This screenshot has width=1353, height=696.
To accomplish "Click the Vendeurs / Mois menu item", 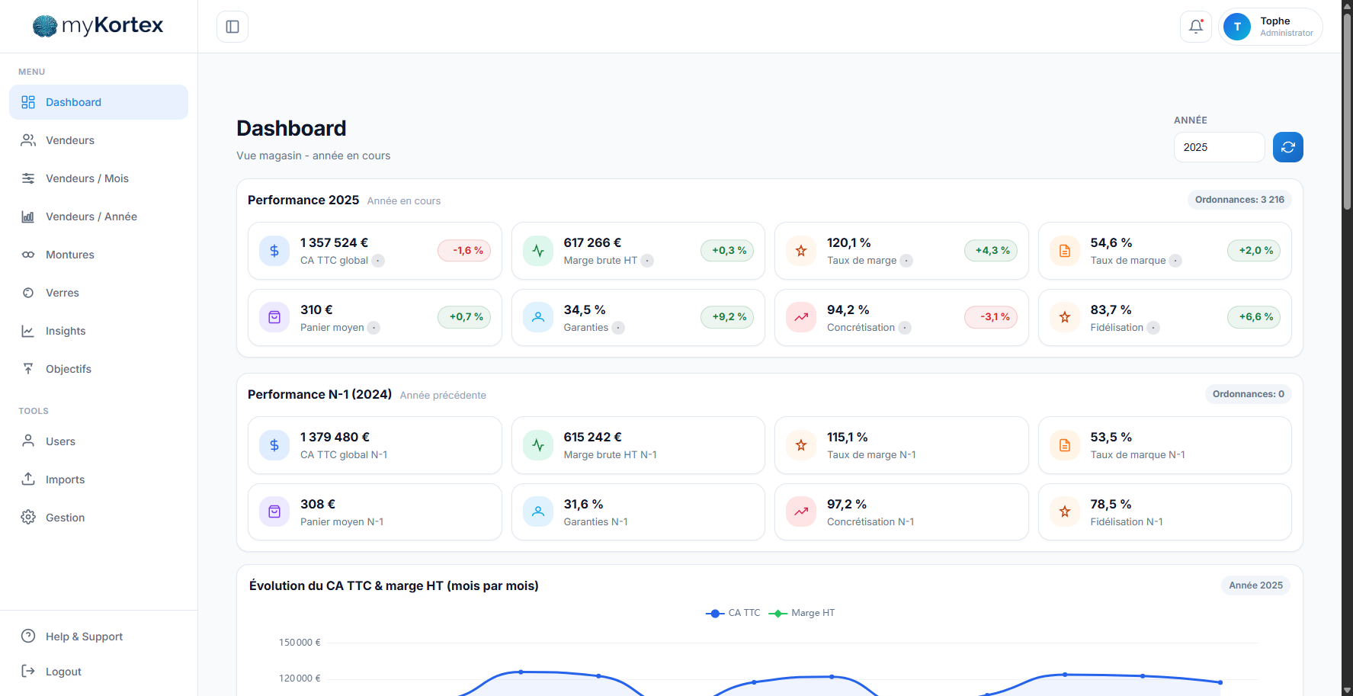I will pos(87,178).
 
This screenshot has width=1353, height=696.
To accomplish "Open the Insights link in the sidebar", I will pos(66,331).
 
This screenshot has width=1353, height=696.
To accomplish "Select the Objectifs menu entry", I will pos(69,369).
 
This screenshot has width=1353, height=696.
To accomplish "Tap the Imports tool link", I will pos(65,480).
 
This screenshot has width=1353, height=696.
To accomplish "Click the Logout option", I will pos(63,672).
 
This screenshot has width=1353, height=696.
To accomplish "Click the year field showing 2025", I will pos(1218,147).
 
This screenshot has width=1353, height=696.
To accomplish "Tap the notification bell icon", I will pos(1196,27).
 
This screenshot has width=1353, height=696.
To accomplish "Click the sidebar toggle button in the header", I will pos(232,27).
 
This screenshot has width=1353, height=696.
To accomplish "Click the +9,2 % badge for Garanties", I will pos(729,317).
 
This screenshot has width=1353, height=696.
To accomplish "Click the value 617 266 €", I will pos(592,242).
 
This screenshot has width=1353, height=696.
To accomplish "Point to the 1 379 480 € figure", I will pos(335,437).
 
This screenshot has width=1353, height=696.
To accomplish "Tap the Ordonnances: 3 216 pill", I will pos(1239,200).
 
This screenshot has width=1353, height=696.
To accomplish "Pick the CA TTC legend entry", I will pos(733,613).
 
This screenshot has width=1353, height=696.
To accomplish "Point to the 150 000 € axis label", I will pos(300,643).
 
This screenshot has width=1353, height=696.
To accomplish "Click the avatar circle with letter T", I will pos(1236,27).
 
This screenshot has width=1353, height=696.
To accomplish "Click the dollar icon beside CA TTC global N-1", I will pos(274,445).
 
